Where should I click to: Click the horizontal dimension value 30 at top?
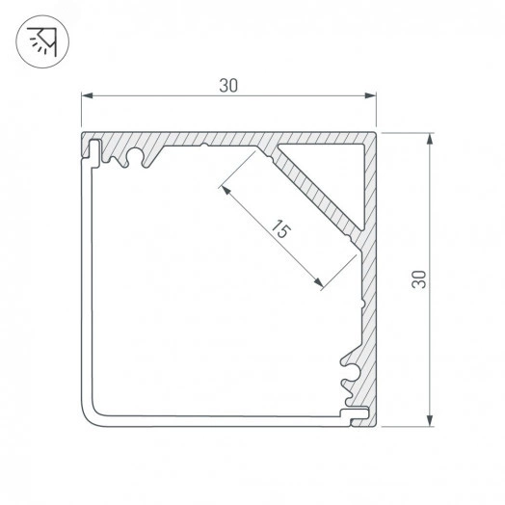pyautogui.click(x=228, y=86)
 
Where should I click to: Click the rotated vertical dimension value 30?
pyautogui.click(x=418, y=279)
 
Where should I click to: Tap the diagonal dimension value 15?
pyautogui.click(x=280, y=229)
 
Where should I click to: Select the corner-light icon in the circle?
pyautogui.click(x=42, y=41)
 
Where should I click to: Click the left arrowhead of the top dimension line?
pyautogui.click(x=87, y=95)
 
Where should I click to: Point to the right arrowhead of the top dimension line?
pyautogui.click(x=370, y=95)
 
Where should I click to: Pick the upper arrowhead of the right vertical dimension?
pyautogui.click(x=429, y=139)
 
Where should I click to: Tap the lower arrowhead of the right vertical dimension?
pyautogui.click(x=429, y=420)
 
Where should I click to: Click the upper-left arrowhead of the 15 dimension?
pyautogui.click(x=226, y=191)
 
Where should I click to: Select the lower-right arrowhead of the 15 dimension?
pyautogui.click(x=318, y=282)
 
